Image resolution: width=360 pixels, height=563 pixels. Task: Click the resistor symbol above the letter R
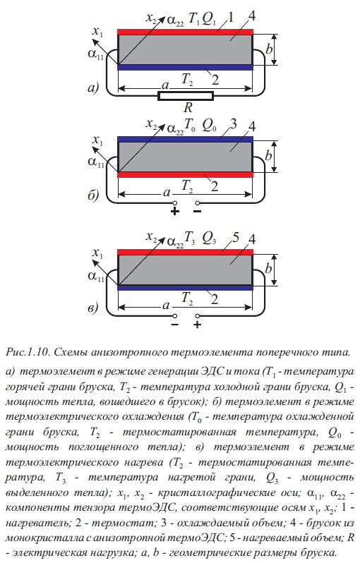click(x=186, y=96)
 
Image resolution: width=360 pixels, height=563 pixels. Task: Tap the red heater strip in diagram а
click(x=186, y=32)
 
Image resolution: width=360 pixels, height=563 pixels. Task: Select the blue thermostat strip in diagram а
click(x=186, y=68)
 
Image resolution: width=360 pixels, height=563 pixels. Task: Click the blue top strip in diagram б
click(x=186, y=139)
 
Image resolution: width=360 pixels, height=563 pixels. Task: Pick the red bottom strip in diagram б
click(x=186, y=175)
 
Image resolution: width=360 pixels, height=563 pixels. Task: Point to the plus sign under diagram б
click(x=175, y=211)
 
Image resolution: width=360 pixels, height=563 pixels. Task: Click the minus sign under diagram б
click(x=197, y=211)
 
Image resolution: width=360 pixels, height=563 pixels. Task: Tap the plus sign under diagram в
click(x=197, y=325)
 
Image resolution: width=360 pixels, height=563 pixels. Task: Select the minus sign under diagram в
click(x=175, y=325)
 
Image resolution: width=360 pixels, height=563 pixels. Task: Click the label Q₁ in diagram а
click(x=209, y=19)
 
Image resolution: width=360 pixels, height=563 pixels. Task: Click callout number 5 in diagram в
click(x=236, y=237)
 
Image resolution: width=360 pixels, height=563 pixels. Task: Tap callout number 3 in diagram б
click(x=234, y=124)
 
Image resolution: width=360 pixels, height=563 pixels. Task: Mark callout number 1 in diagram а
click(x=231, y=17)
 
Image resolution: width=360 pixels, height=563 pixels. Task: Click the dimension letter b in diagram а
click(x=269, y=49)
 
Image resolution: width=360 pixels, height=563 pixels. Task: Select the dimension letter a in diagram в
click(x=166, y=305)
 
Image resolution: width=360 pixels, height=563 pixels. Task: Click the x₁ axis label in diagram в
click(x=97, y=253)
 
